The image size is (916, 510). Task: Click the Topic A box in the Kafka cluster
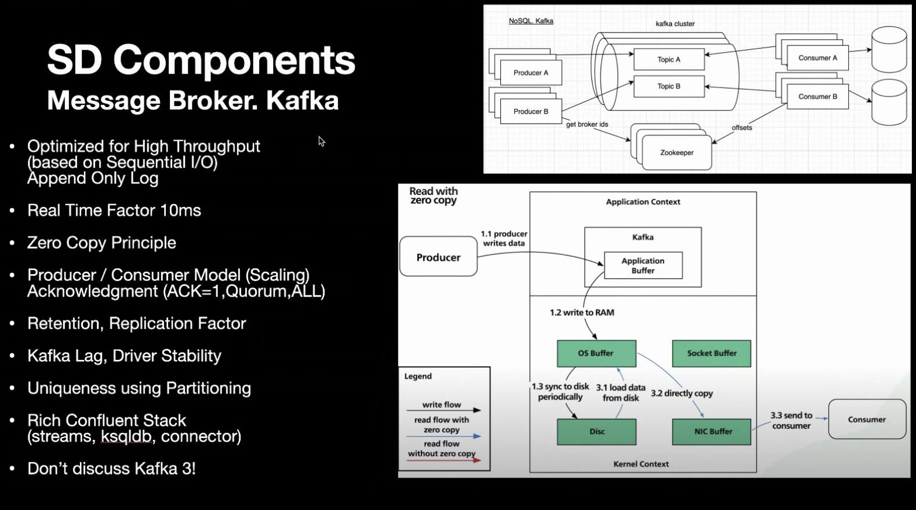click(668, 60)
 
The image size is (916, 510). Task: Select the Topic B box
click(668, 86)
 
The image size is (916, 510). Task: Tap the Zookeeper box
click(677, 153)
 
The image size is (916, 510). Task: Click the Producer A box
click(530, 73)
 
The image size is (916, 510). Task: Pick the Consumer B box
click(817, 97)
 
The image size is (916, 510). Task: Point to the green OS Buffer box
click(596, 354)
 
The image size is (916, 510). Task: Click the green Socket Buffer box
click(711, 354)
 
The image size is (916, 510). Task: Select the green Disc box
click(597, 432)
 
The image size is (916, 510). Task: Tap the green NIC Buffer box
click(713, 432)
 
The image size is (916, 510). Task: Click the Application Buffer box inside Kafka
click(643, 265)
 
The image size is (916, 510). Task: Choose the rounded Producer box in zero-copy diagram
click(438, 257)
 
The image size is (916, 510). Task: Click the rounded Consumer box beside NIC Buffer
click(867, 420)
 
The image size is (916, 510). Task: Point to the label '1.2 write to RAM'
click(581, 312)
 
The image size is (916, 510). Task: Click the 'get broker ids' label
click(587, 125)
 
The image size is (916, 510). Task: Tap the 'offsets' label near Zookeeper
click(741, 128)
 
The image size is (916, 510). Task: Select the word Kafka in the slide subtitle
click(302, 100)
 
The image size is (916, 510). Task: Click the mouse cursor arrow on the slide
click(321, 141)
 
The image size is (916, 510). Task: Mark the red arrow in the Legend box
click(444, 460)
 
